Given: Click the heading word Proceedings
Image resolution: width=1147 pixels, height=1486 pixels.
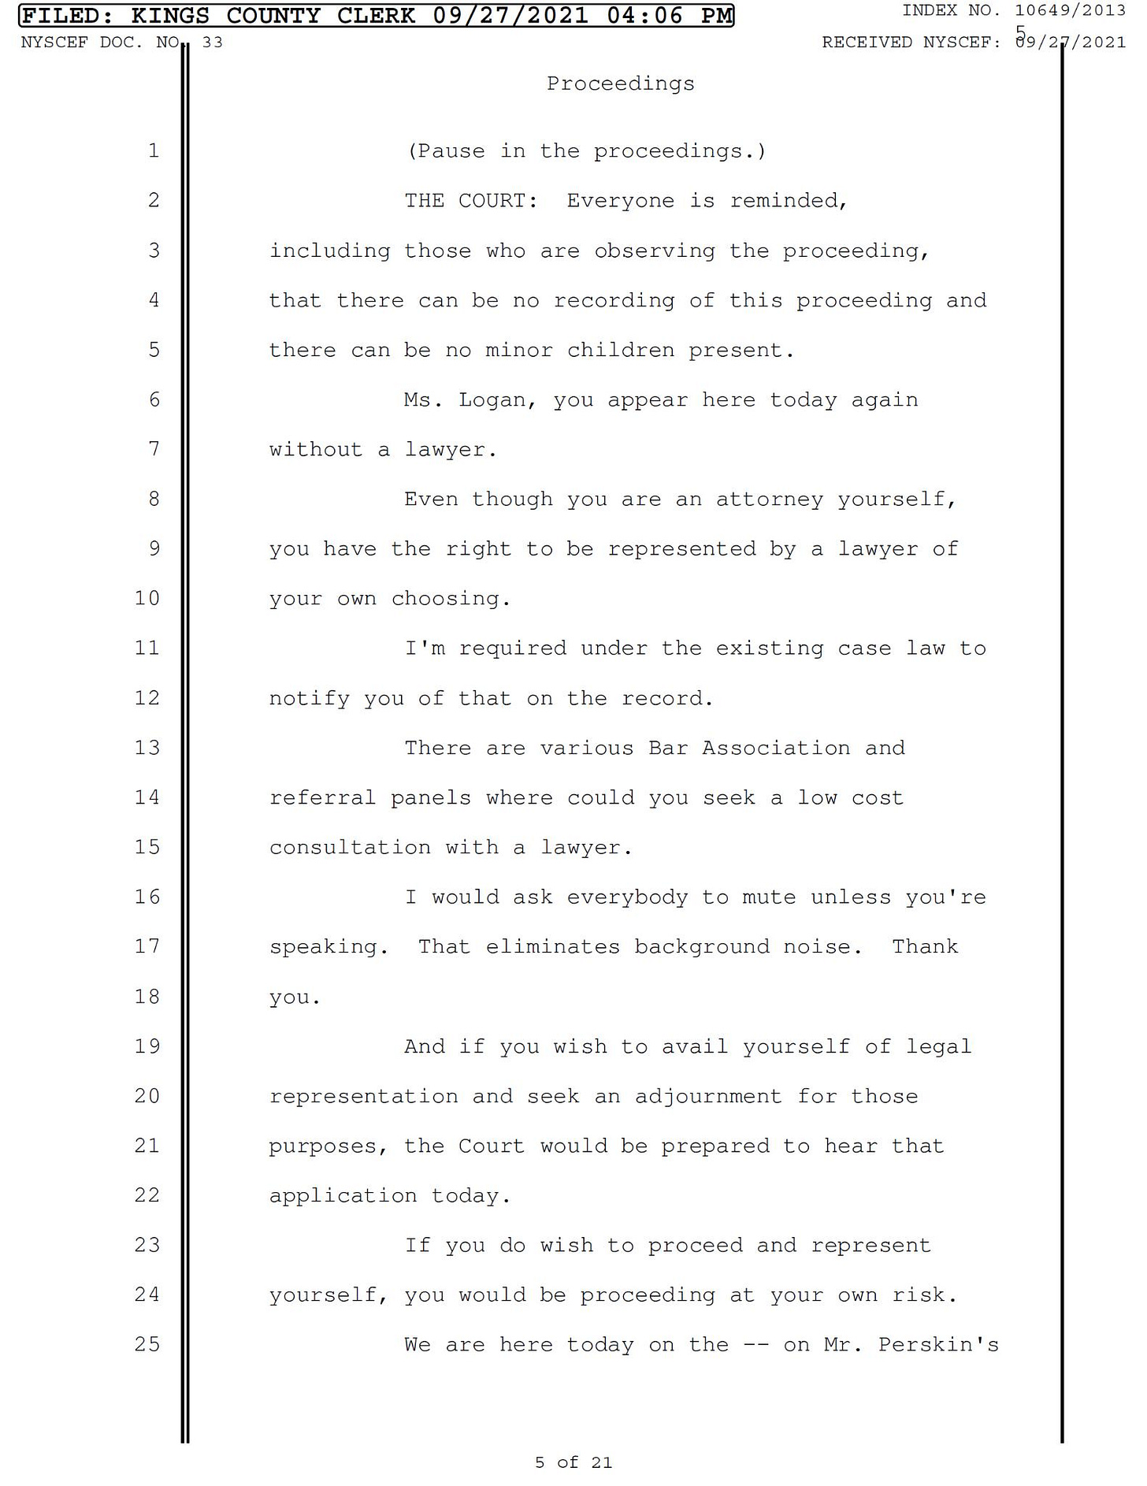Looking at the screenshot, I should (621, 84).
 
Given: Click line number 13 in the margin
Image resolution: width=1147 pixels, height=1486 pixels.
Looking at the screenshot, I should (147, 747).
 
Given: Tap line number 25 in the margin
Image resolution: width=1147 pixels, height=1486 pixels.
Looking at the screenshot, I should (147, 1343).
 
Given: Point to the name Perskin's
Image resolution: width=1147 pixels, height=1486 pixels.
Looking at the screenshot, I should (938, 1344).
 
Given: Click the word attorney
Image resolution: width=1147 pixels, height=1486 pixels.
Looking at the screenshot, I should (769, 500).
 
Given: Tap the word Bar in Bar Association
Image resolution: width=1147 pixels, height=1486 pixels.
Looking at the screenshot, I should (667, 748).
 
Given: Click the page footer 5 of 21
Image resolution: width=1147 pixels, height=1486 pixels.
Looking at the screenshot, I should (573, 1462).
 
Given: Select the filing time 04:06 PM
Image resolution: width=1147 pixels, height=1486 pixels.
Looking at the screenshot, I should (670, 15).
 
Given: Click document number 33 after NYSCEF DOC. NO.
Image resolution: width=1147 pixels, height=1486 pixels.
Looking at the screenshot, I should (213, 43).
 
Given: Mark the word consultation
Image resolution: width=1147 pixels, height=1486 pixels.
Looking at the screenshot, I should (350, 848).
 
